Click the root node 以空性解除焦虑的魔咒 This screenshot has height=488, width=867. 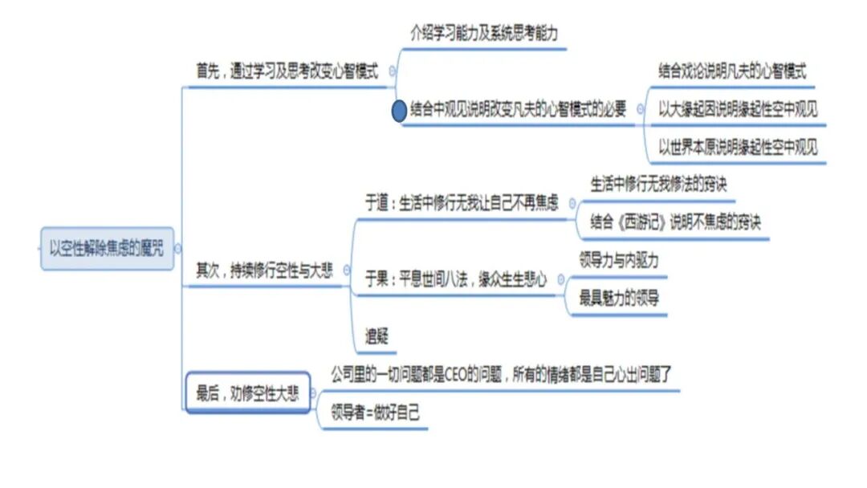coord(106,248)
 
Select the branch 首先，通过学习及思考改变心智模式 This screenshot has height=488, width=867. coord(287,71)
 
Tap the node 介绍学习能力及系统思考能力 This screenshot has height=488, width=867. coord(484,34)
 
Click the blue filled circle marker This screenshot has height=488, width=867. coord(399,111)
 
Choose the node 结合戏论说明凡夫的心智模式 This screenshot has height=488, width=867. coord(732,70)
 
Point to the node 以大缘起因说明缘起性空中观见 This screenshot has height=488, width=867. coord(738,109)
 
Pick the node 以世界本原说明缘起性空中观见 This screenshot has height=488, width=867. coord(738,148)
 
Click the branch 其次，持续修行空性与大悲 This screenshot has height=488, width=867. coord(264,270)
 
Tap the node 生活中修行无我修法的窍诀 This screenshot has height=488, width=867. coord(659,183)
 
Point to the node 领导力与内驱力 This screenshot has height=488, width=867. coord(619,260)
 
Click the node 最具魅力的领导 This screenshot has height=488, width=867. coord(619,299)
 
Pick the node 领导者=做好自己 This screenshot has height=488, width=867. coord(375,413)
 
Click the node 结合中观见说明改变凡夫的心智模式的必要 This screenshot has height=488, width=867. coord(518,110)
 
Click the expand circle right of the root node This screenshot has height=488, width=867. coord(177,249)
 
